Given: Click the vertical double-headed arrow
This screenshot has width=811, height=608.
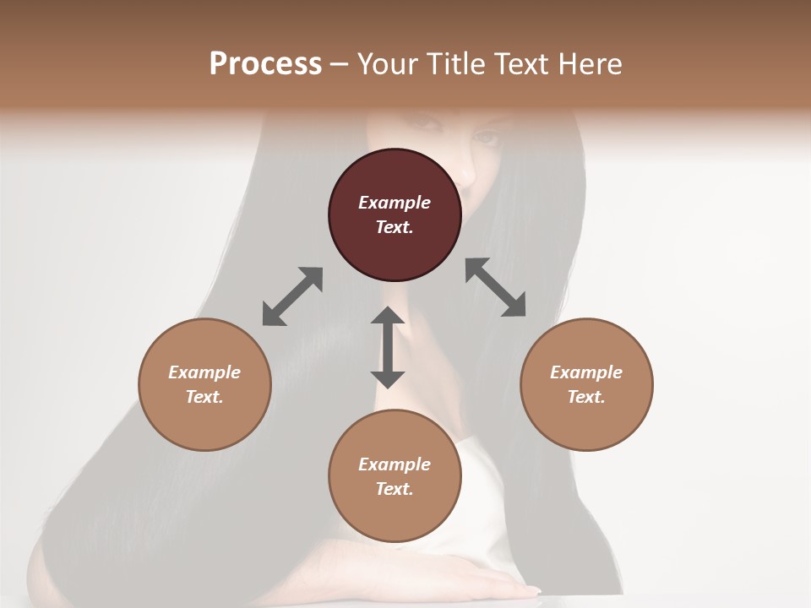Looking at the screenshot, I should point(388,347).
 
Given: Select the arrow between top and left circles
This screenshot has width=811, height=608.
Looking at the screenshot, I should point(292,296).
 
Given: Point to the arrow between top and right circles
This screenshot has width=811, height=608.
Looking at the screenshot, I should point(496,287).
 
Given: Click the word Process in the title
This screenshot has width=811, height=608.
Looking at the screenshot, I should point(265,63).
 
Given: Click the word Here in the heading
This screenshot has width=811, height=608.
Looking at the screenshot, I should point(591,63).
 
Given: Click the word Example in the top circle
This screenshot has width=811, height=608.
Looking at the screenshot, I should point(395,203).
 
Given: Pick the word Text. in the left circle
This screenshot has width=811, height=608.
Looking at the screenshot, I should point(204,397).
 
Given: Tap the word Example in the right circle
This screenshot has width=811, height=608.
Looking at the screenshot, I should point(586,372).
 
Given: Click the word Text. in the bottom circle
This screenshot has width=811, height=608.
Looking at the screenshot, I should point(395,489).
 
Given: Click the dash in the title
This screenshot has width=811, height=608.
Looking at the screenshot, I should point(339,64).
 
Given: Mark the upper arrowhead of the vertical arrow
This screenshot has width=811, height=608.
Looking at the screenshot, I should point(388,317).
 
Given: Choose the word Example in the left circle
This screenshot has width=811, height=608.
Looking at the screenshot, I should point(204,372).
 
